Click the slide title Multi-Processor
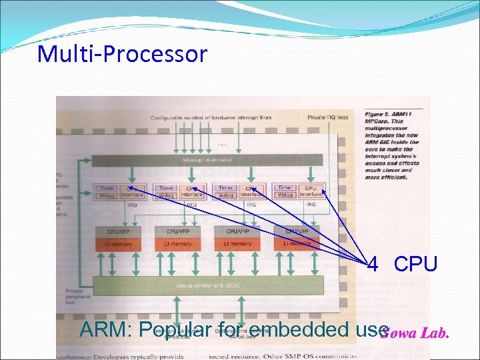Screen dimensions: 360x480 click(122, 53)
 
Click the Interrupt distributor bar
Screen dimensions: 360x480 click(207, 161)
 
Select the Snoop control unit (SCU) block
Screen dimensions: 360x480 click(207, 285)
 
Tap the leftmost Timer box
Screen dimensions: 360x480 click(107, 189)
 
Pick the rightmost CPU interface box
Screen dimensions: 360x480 click(311, 192)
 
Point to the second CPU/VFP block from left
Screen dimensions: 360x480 click(177, 231)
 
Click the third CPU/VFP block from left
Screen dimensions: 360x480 click(237, 231)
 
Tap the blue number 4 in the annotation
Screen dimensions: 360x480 click(373, 265)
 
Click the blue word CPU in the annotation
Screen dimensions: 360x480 click(415, 265)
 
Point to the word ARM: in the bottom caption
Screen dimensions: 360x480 click(103, 329)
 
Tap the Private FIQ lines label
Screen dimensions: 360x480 click(328, 117)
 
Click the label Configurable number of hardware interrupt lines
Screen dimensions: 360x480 click(211, 117)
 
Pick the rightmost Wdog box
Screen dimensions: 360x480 click(286, 195)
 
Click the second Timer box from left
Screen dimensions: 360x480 click(167, 189)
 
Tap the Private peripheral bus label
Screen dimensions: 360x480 click(75, 296)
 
